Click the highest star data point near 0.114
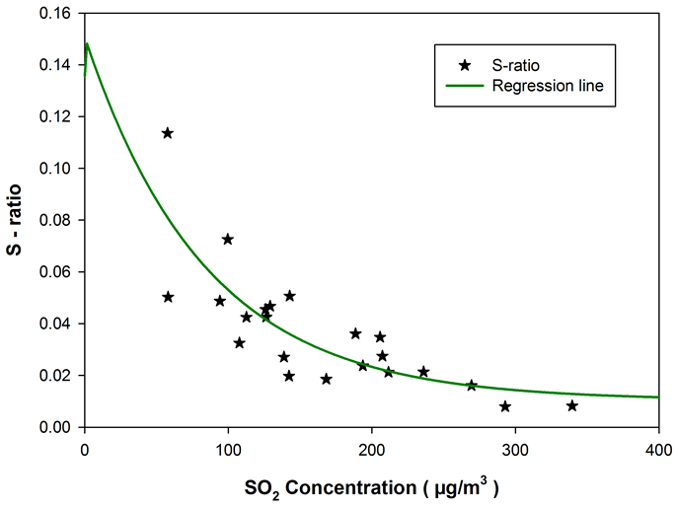point(168,133)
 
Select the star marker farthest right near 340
point(572,405)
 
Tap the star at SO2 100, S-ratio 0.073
point(228,239)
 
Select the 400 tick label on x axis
point(658,447)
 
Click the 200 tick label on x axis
point(372,447)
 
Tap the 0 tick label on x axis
point(85,447)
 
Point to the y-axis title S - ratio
point(18,220)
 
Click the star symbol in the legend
point(465,65)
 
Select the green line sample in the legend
point(465,86)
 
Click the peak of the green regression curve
point(87,43)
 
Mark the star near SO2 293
point(505,406)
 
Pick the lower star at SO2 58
point(168,297)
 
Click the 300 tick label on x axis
point(515,447)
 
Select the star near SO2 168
point(327,379)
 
